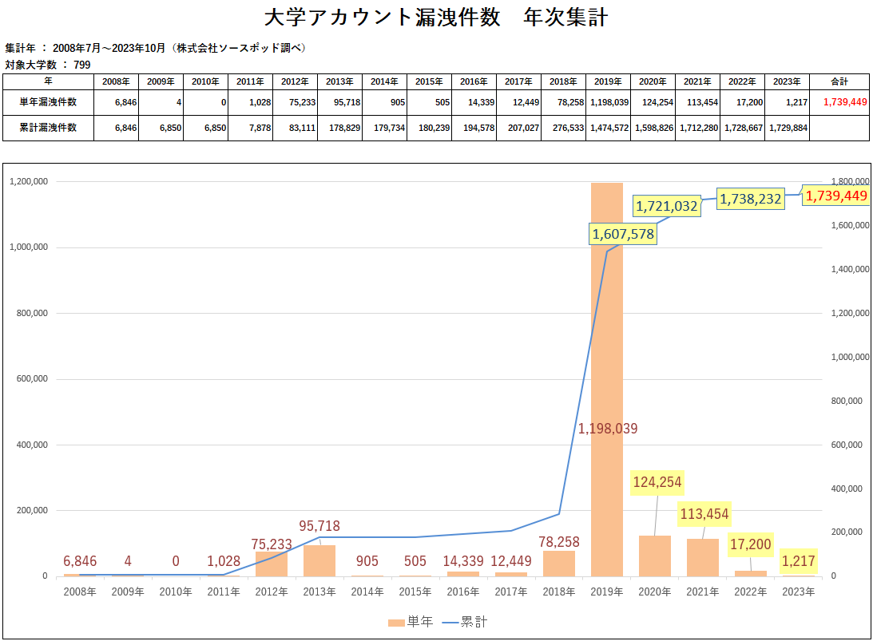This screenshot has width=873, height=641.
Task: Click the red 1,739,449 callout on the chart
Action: tap(835, 196)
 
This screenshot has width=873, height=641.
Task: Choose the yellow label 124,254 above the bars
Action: tap(657, 482)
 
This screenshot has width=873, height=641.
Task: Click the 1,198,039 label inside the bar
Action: tap(608, 429)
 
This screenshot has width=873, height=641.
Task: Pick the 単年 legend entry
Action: tap(411, 622)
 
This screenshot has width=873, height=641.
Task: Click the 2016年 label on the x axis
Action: tap(463, 592)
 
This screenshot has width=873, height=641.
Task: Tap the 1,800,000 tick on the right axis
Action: tap(850, 182)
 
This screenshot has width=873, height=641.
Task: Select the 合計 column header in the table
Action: tap(839, 81)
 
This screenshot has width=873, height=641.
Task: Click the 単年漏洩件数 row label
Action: tap(49, 102)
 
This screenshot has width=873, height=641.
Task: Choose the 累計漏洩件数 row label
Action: tap(49, 128)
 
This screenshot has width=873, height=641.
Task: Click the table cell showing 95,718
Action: tap(340, 102)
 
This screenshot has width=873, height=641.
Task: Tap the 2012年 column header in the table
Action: tap(295, 81)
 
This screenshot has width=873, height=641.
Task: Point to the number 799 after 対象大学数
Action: tap(82, 64)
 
